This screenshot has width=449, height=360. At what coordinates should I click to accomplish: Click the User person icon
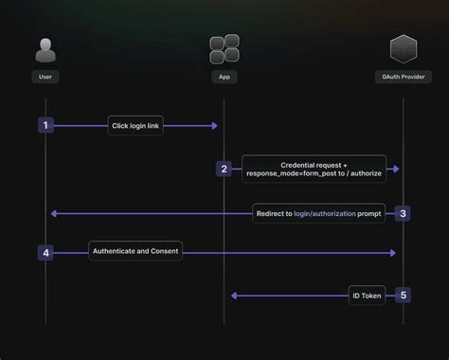click(45, 49)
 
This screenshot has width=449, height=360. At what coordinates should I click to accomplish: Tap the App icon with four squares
click(224, 49)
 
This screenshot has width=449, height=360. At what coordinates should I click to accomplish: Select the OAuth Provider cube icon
click(404, 49)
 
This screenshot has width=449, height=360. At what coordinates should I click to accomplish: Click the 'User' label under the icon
click(45, 77)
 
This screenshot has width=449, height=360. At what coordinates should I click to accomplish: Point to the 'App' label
click(224, 77)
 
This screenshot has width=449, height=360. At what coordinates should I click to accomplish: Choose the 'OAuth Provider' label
click(404, 77)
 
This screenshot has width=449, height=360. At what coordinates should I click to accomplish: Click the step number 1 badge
click(45, 125)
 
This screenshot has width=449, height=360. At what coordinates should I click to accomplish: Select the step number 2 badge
click(224, 169)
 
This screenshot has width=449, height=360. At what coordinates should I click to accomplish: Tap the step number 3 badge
click(403, 213)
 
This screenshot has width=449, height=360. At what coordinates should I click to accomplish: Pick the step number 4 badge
click(45, 252)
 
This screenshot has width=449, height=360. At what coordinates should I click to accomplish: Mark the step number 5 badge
click(403, 295)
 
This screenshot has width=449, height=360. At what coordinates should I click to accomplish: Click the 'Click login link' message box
click(135, 125)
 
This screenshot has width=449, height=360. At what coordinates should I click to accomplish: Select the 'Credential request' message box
click(314, 169)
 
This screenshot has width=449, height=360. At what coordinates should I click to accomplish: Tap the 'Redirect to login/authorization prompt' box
click(318, 213)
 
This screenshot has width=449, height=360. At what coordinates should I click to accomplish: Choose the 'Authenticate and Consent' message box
click(135, 251)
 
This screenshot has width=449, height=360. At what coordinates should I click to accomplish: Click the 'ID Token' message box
click(367, 295)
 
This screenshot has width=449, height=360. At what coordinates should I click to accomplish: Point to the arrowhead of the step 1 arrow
click(215, 125)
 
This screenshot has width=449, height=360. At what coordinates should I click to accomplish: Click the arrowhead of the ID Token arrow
click(234, 295)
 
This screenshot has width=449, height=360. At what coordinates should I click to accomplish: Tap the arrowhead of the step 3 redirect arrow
click(54, 213)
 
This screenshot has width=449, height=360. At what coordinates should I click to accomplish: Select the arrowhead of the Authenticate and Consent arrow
click(393, 252)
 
